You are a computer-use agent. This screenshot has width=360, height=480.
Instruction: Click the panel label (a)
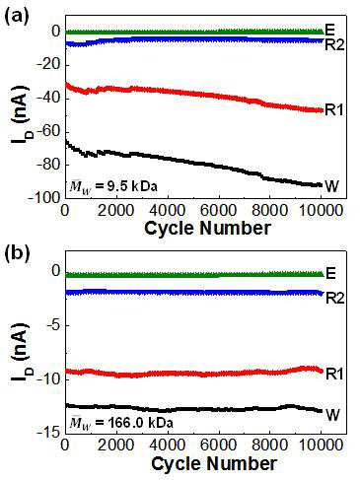point(17,15)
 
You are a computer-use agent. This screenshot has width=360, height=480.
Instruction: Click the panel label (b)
point(17,254)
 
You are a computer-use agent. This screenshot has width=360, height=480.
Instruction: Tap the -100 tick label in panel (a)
point(44,197)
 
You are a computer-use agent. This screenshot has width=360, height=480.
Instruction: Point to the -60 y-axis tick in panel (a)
point(48,131)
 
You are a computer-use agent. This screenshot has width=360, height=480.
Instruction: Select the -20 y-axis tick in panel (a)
point(48,65)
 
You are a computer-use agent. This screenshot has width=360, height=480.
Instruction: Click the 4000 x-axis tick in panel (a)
point(168,210)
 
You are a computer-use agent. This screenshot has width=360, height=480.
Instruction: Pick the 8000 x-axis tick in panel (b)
point(269,446)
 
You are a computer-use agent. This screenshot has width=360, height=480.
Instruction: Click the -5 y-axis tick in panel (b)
point(53,325)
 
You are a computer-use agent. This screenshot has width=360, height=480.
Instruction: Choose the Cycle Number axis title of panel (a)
point(207,228)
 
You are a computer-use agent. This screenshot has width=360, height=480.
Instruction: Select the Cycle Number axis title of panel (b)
point(214,463)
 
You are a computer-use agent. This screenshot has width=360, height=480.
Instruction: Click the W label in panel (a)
point(332,186)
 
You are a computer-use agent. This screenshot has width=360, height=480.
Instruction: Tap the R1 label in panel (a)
point(334,109)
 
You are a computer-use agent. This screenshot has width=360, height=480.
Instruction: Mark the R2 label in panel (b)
point(335,298)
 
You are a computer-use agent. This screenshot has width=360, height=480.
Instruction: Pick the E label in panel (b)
point(330,273)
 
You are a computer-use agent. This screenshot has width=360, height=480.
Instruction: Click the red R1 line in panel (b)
point(194,374)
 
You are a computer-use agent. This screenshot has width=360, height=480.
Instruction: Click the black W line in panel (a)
point(194,163)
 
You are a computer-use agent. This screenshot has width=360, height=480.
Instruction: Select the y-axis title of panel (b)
point(19,352)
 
